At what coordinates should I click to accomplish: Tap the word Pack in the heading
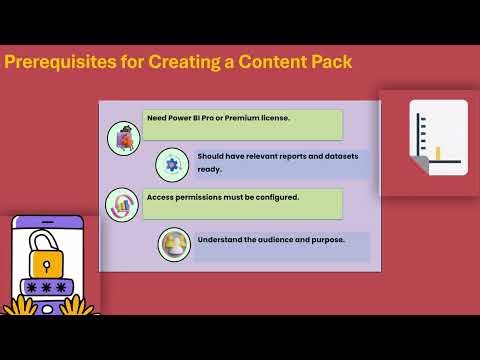point(328,62)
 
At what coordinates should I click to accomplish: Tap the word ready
point(209,169)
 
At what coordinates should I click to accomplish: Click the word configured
point(271,197)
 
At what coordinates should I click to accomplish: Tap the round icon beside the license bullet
point(123,138)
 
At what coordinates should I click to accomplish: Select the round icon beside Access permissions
point(122,204)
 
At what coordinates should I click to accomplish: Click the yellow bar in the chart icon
point(437,153)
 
